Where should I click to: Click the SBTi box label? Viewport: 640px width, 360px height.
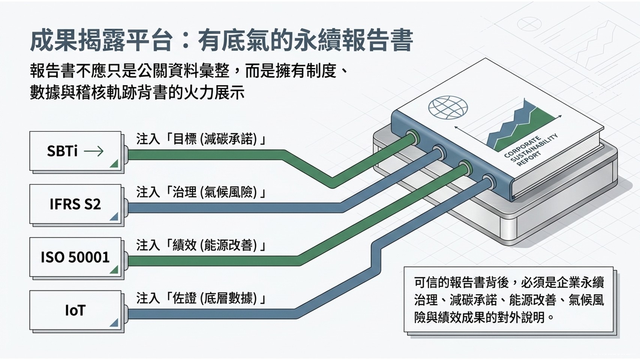[x=62, y=151]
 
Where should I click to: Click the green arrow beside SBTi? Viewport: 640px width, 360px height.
[x=94, y=151]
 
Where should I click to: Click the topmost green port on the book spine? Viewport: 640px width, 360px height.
[x=412, y=136]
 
